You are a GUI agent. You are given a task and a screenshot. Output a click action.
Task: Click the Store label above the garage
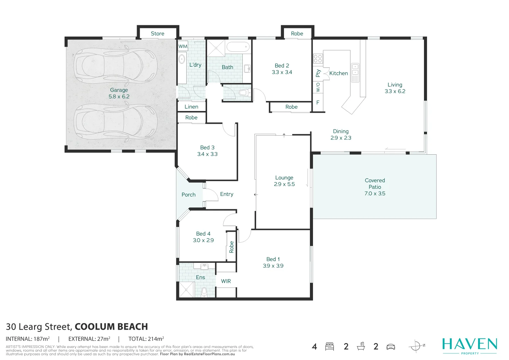coord(157,34)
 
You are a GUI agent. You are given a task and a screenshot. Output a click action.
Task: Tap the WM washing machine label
coord(183,46)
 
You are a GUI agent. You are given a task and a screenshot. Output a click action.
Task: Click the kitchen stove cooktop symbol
coord(318,59)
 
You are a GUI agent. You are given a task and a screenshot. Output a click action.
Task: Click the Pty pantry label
coord(318,73)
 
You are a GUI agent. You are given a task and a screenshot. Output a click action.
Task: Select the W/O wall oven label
coord(318,87)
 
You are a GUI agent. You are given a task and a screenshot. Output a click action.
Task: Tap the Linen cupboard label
coord(191,107)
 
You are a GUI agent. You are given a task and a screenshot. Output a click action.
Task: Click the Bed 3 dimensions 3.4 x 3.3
coord(207,154)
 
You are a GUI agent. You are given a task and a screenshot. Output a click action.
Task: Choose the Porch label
coord(188,195)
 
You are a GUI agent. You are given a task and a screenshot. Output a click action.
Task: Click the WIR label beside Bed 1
coord(226,281)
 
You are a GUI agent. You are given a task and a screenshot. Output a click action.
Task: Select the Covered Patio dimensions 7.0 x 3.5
coord(375,193)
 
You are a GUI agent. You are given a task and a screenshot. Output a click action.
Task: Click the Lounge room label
coord(284,178)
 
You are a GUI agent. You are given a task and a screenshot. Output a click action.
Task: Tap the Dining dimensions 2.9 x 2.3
coord(341,138)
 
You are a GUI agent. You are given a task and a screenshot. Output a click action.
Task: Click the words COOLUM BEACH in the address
coord(111,327)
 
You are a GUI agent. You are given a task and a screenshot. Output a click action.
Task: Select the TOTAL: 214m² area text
coord(146,339)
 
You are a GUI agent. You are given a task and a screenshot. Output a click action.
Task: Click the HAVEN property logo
coord(469,345)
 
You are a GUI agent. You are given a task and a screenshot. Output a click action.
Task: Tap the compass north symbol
coord(416,346)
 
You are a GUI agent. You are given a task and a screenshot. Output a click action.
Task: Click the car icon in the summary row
coord(390,347)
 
